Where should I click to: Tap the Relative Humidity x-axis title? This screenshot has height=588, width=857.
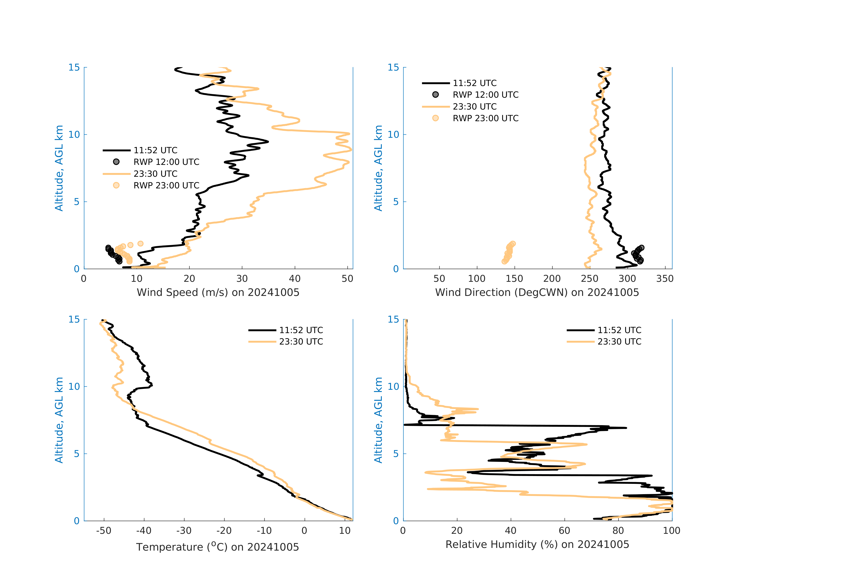537,545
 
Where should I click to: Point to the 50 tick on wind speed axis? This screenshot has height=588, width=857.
347,279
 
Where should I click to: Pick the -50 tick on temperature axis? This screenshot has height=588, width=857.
104,531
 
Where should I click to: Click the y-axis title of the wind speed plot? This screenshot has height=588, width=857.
59,168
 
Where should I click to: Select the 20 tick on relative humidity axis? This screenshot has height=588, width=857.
457,531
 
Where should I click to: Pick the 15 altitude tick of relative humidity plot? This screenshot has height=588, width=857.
393,319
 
